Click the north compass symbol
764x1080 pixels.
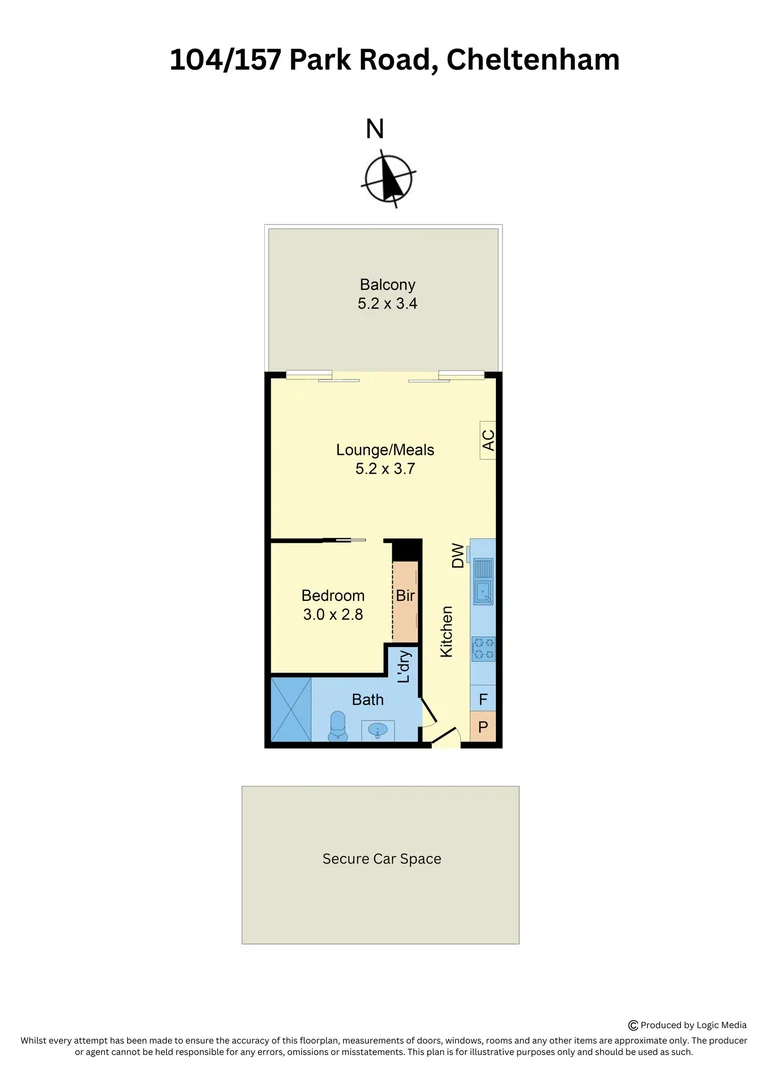coord(386,179)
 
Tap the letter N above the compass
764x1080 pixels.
coord(375,129)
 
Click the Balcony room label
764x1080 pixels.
coord(387,285)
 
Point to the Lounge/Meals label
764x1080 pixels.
coord(385,450)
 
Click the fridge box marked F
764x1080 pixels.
coord(483,700)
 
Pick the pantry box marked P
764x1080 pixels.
coord(483,727)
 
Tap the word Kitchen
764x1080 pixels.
coord(447,632)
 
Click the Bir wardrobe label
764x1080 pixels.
coord(405,596)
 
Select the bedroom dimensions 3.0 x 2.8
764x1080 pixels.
coord(333,614)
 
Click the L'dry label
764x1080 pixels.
coord(405,667)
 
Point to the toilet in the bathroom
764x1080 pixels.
coord(337,726)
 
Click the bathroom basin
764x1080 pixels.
coord(378,730)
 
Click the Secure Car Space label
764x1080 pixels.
coord(381,859)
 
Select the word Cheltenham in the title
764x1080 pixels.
coord(532,60)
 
